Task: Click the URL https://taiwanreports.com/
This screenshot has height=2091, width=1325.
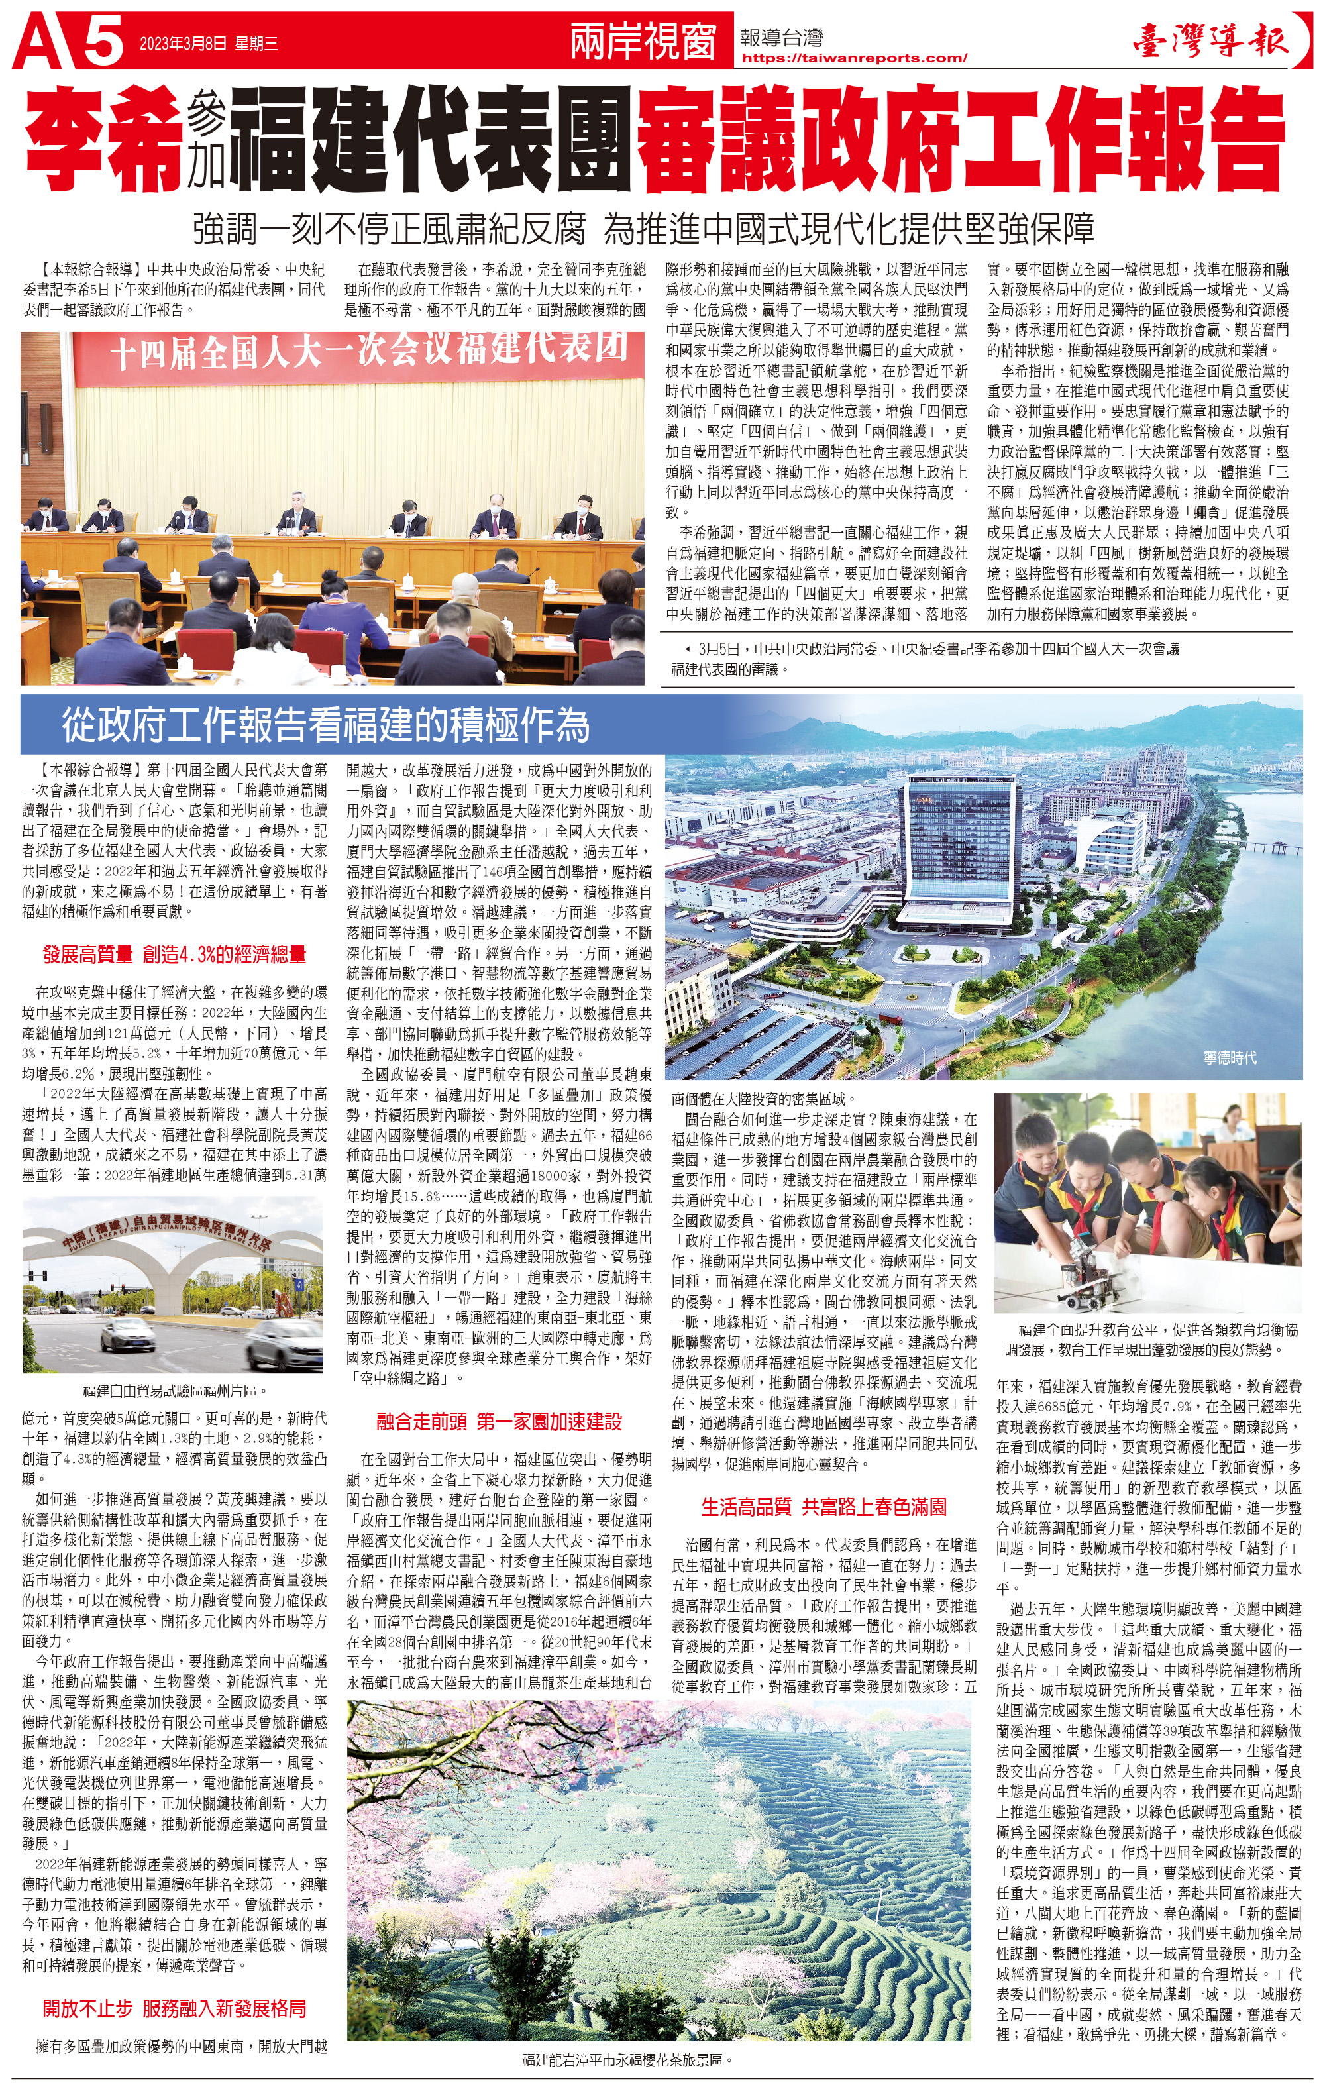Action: [x=855, y=58]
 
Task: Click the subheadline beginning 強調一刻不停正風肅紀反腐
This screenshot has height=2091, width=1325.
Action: [x=643, y=229]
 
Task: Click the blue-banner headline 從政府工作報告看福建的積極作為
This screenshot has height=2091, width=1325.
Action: [x=325, y=725]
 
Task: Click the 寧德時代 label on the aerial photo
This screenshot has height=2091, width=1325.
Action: [x=1230, y=1057]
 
